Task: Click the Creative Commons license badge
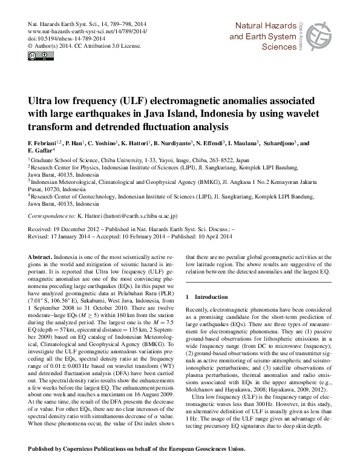pos(37,57)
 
